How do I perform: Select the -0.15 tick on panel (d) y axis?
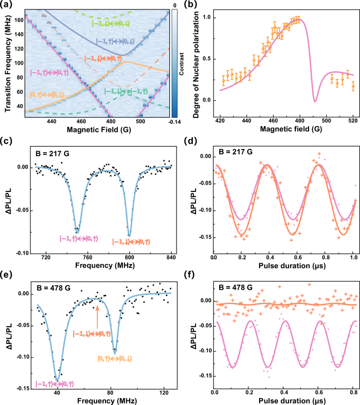(x=203, y=237)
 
